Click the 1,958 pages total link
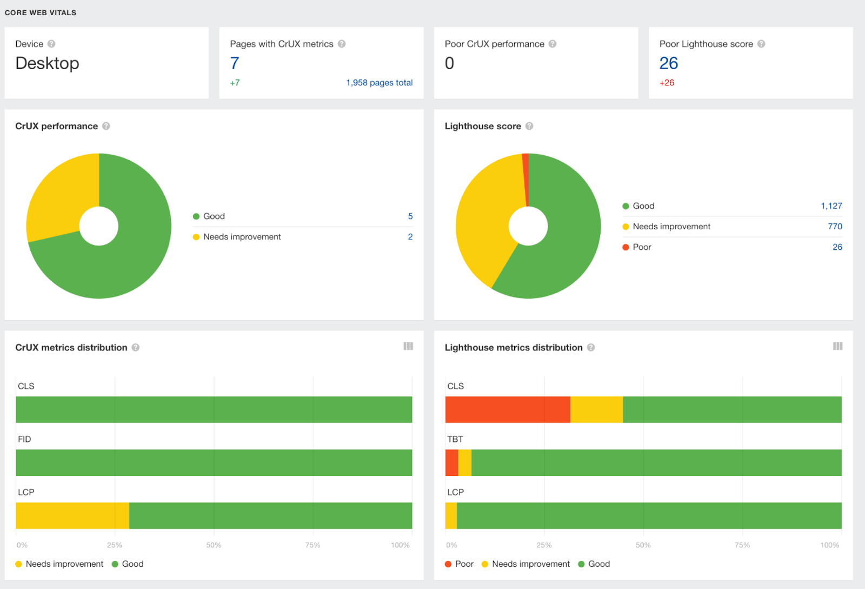(x=379, y=83)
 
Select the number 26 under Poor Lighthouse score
(x=668, y=63)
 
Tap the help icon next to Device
(x=51, y=44)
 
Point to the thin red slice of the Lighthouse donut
(x=525, y=178)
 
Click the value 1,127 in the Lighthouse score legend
(x=831, y=206)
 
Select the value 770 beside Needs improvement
(x=835, y=227)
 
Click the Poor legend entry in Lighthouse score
(x=642, y=247)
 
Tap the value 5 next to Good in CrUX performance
(x=410, y=216)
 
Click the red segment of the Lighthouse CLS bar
(x=507, y=409)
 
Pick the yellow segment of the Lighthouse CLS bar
(x=596, y=409)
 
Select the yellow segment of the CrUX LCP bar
(x=72, y=515)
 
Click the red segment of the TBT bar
(x=451, y=462)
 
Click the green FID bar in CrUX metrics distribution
(x=214, y=462)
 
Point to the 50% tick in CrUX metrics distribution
(x=214, y=545)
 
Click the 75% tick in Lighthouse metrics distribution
(x=742, y=545)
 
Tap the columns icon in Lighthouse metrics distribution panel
(x=837, y=346)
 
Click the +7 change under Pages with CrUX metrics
(x=235, y=83)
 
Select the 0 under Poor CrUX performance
(x=449, y=63)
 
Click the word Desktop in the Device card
(x=48, y=63)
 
